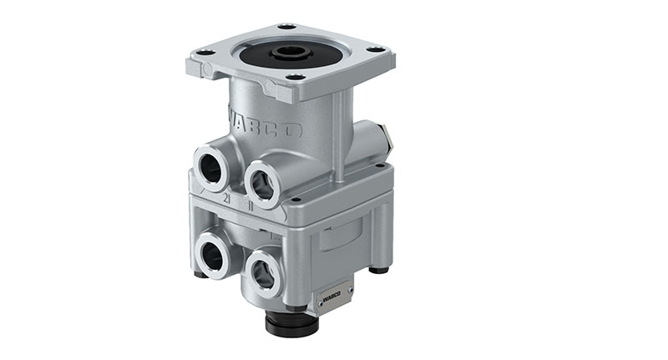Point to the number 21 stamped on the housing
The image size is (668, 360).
pyautogui.click(x=226, y=198)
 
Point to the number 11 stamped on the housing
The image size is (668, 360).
pyautogui.click(x=250, y=203)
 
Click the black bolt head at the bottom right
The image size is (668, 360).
pyautogui.click(x=380, y=270)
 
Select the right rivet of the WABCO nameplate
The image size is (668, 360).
pyautogui.click(x=346, y=290)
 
